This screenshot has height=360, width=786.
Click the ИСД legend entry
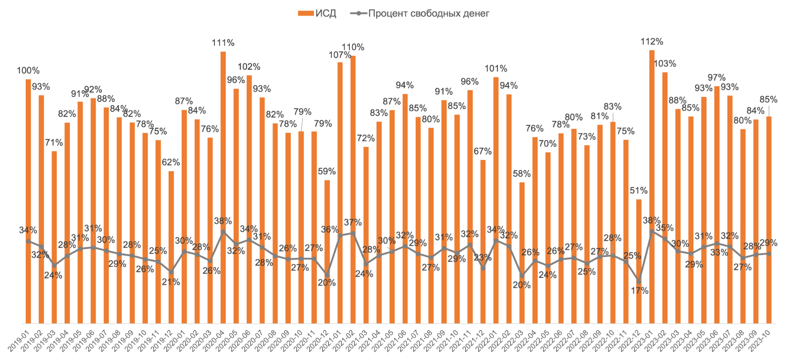point(317,14)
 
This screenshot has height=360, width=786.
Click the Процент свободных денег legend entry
point(420,14)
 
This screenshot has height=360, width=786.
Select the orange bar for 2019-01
point(28,201)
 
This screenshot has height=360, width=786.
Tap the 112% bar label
point(652,42)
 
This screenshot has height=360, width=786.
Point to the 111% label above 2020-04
point(223,43)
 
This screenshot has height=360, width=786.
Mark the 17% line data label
point(640,291)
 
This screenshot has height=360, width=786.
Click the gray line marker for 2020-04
point(223,232)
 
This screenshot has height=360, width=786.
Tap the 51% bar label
point(638,191)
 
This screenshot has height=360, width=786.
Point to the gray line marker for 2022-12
point(639,281)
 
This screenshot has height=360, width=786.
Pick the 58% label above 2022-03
point(521,174)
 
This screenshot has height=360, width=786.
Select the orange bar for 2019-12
point(171,247)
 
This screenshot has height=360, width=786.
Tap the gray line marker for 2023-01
point(652,232)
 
